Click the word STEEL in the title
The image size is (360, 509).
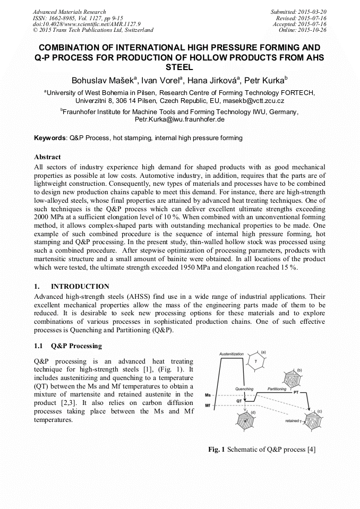179,68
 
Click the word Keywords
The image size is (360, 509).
50,138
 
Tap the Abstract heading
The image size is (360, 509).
47,157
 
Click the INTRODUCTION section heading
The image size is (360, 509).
80,287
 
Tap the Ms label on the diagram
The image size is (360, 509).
209,395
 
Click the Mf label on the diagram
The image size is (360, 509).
209,406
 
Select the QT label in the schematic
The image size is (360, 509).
239,401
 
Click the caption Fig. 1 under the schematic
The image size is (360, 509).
262,450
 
